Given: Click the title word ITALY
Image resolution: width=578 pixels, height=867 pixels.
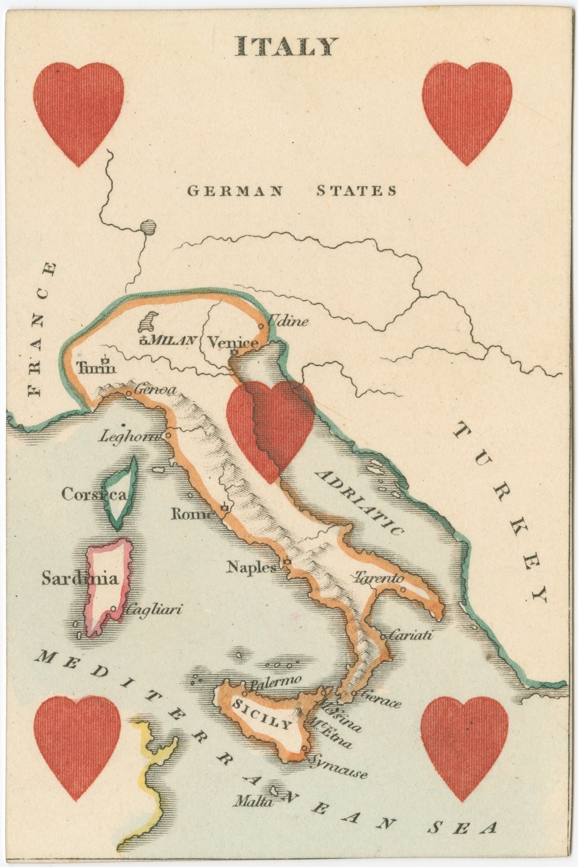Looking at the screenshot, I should [285, 46].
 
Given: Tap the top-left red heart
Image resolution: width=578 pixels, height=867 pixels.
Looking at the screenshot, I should [79, 111].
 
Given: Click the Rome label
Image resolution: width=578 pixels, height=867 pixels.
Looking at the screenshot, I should [192, 514].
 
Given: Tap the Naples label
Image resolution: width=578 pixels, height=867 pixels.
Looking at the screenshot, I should [252, 567].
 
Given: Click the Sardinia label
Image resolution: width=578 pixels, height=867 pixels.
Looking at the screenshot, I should [79, 578].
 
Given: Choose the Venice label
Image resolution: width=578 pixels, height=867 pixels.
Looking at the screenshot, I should [232, 343].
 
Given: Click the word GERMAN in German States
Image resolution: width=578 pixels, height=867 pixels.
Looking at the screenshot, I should [234, 191].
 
